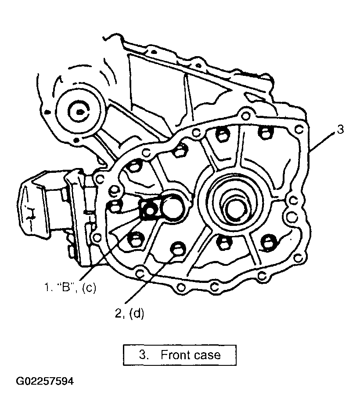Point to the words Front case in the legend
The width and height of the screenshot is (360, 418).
[x=191, y=354]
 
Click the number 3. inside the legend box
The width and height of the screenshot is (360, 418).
[x=143, y=354]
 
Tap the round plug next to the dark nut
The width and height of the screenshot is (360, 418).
[x=170, y=205]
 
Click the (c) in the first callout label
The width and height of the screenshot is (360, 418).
[x=89, y=288]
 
